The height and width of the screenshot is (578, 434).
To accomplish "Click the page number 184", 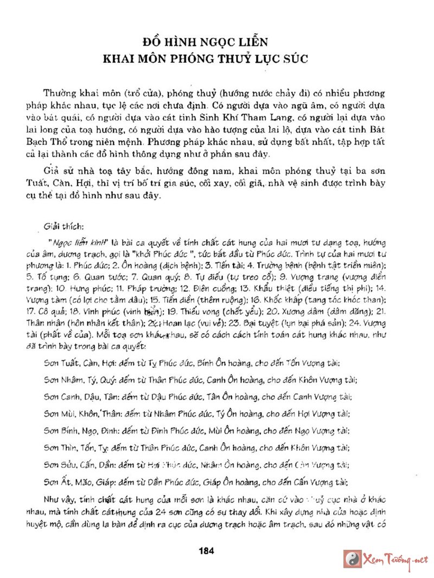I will tap(208, 550).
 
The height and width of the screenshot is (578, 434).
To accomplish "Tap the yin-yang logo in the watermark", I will tap(353, 558).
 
